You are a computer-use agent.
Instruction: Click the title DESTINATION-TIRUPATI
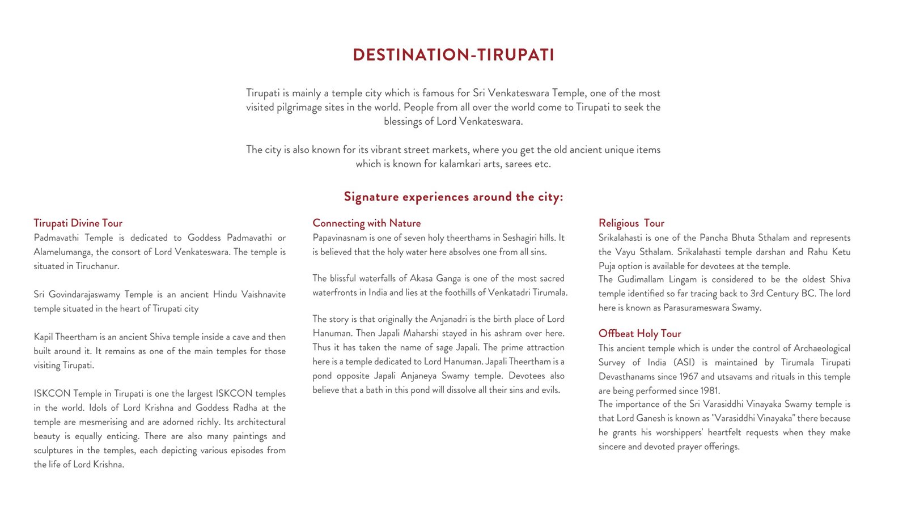[x=453, y=55]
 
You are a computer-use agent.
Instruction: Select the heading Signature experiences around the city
[x=453, y=197]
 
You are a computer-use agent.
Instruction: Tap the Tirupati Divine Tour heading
[x=78, y=223]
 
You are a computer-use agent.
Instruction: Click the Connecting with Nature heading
[x=366, y=223]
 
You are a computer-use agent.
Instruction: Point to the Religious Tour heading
[x=631, y=223]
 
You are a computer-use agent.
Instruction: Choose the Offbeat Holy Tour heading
[x=639, y=334]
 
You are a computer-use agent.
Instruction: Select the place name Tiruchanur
[x=97, y=266]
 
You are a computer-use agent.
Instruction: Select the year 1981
[x=708, y=391]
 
